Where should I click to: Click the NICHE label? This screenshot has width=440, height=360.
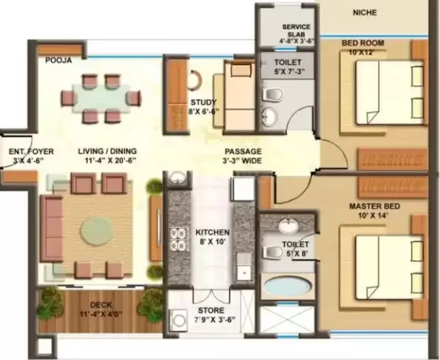(365, 13)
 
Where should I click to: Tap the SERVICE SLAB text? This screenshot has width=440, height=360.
(296, 31)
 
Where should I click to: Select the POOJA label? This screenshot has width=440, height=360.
(59, 60)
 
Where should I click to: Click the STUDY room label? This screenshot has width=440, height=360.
(204, 102)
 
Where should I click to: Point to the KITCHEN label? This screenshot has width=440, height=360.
(212, 232)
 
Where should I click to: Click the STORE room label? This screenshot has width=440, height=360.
(211, 310)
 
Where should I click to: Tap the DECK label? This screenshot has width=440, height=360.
(101, 305)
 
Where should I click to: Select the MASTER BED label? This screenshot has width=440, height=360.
(375, 206)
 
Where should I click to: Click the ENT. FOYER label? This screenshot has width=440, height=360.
(31, 151)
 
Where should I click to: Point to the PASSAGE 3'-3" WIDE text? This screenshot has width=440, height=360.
(243, 156)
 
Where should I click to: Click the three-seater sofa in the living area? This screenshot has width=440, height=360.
(52, 229)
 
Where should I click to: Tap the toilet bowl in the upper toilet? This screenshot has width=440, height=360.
(273, 94)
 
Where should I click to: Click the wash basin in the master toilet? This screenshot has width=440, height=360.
(288, 225)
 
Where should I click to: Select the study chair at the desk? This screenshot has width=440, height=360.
(195, 80)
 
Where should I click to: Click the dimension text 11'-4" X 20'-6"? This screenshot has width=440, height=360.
(111, 161)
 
